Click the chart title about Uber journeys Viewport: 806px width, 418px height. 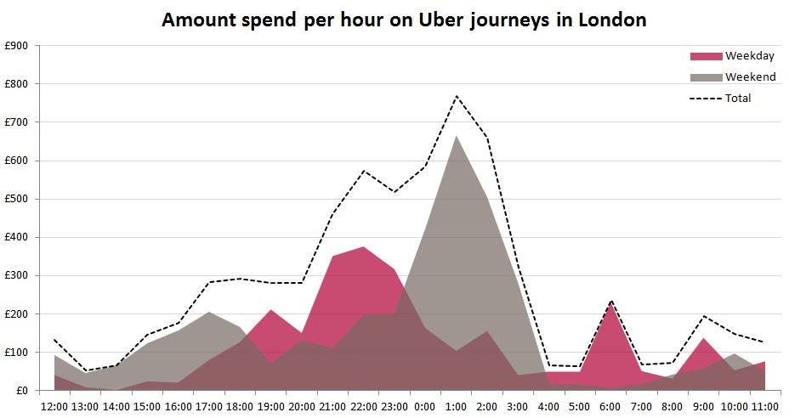pyautogui.click(x=404, y=20)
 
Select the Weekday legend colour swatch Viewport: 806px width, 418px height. pyautogui.click(x=705, y=56)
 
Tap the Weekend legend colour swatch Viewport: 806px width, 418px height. pyautogui.click(x=705, y=77)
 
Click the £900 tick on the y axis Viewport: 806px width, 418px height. pyautogui.click(x=16, y=46)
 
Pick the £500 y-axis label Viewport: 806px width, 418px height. pyautogui.click(x=16, y=199)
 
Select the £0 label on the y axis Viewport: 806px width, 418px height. pyautogui.click(x=20, y=391)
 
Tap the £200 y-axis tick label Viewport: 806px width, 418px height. pyautogui.click(x=16, y=313)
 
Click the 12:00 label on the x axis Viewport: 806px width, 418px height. pyautogui.click(x=54, y=406)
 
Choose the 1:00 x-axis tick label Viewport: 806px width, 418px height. pyautogui.click(x=457, y=406)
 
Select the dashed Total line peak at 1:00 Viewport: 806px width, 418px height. pyautogui.click(x=457, y=96)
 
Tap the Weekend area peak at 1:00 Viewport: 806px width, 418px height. pyautogui.click(x=457, y=136)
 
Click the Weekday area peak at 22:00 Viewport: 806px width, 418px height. pyautogui.click(x=364, y=247)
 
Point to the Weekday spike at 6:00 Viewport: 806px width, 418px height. pyautogui.click(x=610, y=304)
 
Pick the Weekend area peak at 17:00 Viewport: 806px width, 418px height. pyautogui.click(x=209, y=313)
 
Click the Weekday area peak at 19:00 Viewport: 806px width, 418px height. pyautogui.click(x=270, y=310)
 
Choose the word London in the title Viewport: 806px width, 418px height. pyautogui.click(x=613, y=20)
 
